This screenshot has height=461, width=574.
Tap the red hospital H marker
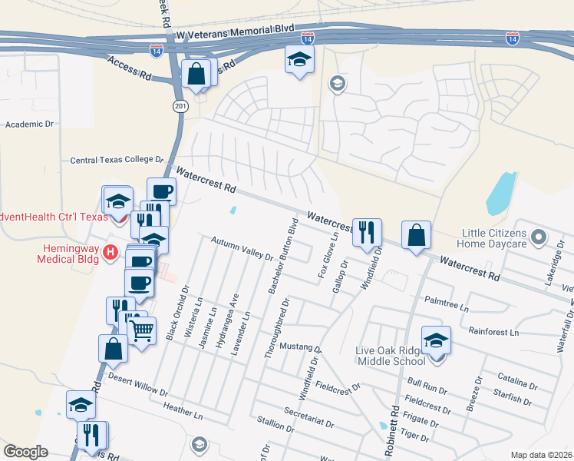(111, 251)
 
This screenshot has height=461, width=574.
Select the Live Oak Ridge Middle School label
(390, 356)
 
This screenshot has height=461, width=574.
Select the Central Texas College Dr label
(117, 161)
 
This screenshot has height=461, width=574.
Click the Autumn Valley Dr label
(242, 248)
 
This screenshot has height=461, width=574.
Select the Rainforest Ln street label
(493, 333)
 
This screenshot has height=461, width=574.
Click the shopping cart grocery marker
(140, 330)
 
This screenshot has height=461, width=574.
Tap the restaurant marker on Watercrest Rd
(366, 230)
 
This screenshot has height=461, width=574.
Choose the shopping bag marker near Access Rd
(196, 74)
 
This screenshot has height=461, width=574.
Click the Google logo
(25, 452)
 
